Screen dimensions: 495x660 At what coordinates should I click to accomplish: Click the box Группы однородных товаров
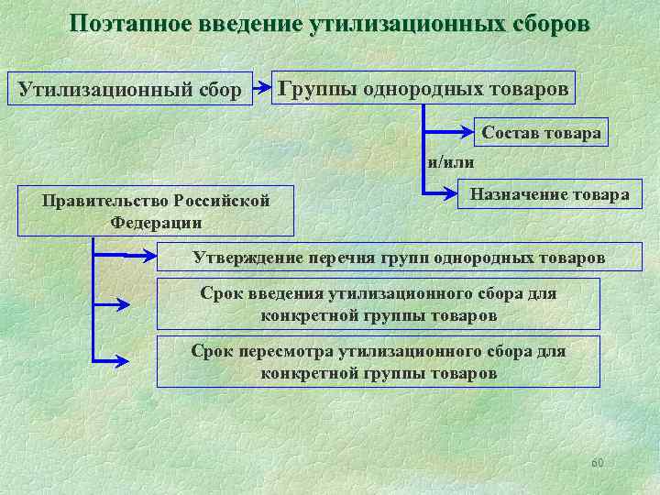tap(423, 88)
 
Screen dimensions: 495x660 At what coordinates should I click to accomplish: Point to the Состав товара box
tap(542, 133)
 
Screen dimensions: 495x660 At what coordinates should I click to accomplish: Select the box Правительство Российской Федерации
tap(156, 212)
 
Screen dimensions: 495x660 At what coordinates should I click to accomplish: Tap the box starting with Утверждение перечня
tap(399, 258)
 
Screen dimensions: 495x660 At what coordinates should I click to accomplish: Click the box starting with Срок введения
tap(378, 304)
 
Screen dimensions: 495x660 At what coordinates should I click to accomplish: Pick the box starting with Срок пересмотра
tap(378, 361)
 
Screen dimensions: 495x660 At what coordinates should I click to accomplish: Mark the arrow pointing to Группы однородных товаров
tap(262, 88)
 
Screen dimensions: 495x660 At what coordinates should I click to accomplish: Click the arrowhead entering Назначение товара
tap(448, 193)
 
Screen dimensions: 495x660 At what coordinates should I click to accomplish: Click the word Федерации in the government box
tap(156, 222)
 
